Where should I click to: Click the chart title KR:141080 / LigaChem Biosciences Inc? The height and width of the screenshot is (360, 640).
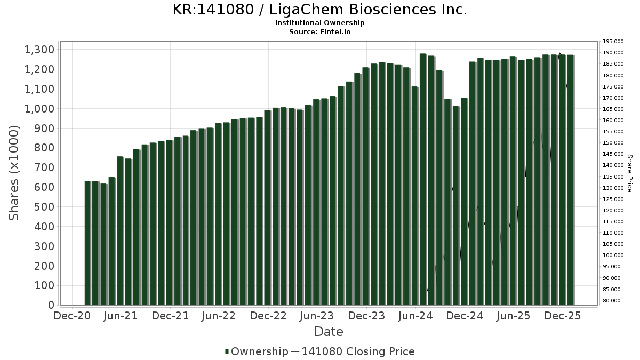pos(320,10)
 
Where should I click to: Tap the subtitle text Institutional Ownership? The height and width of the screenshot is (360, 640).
pos(320,23)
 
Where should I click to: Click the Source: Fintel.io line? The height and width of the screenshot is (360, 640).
pos(320,31)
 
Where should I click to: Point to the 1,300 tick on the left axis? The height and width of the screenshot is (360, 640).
pos(39,50)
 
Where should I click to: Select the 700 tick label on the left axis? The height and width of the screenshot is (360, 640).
pos(43,167)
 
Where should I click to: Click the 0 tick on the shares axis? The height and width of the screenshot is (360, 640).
pos(51,305)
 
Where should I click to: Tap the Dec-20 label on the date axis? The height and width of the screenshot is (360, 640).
pos(72,316)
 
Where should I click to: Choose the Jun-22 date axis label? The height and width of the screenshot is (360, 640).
pos(219,316)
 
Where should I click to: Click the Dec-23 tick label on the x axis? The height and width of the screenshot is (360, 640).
pos(366,316)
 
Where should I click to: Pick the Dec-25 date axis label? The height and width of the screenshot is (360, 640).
pos(563,316)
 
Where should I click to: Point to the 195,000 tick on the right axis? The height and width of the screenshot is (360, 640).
pos(613,42)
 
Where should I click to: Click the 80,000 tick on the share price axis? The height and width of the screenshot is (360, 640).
pos(611,301)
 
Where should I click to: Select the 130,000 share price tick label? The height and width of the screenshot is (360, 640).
pos(613,188)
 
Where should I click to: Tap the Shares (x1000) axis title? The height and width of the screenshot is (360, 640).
pos(14,173)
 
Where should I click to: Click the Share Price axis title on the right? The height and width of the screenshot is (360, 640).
pos(629,173)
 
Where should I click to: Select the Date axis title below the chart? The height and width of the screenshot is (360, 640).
pos(329,332)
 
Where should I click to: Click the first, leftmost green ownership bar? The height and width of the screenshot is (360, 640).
pos(87,243)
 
